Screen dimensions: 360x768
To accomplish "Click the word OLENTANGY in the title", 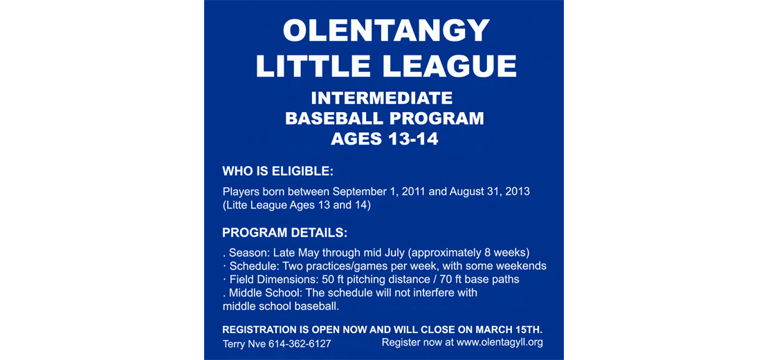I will (x=386, y=31).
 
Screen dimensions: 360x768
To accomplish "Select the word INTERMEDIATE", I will (x=382, y=98).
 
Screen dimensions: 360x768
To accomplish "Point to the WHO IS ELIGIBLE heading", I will (x=277, y=171).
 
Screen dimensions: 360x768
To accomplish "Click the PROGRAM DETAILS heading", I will (x=284, y=232).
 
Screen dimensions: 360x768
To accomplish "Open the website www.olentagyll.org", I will (x=499, y=342).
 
